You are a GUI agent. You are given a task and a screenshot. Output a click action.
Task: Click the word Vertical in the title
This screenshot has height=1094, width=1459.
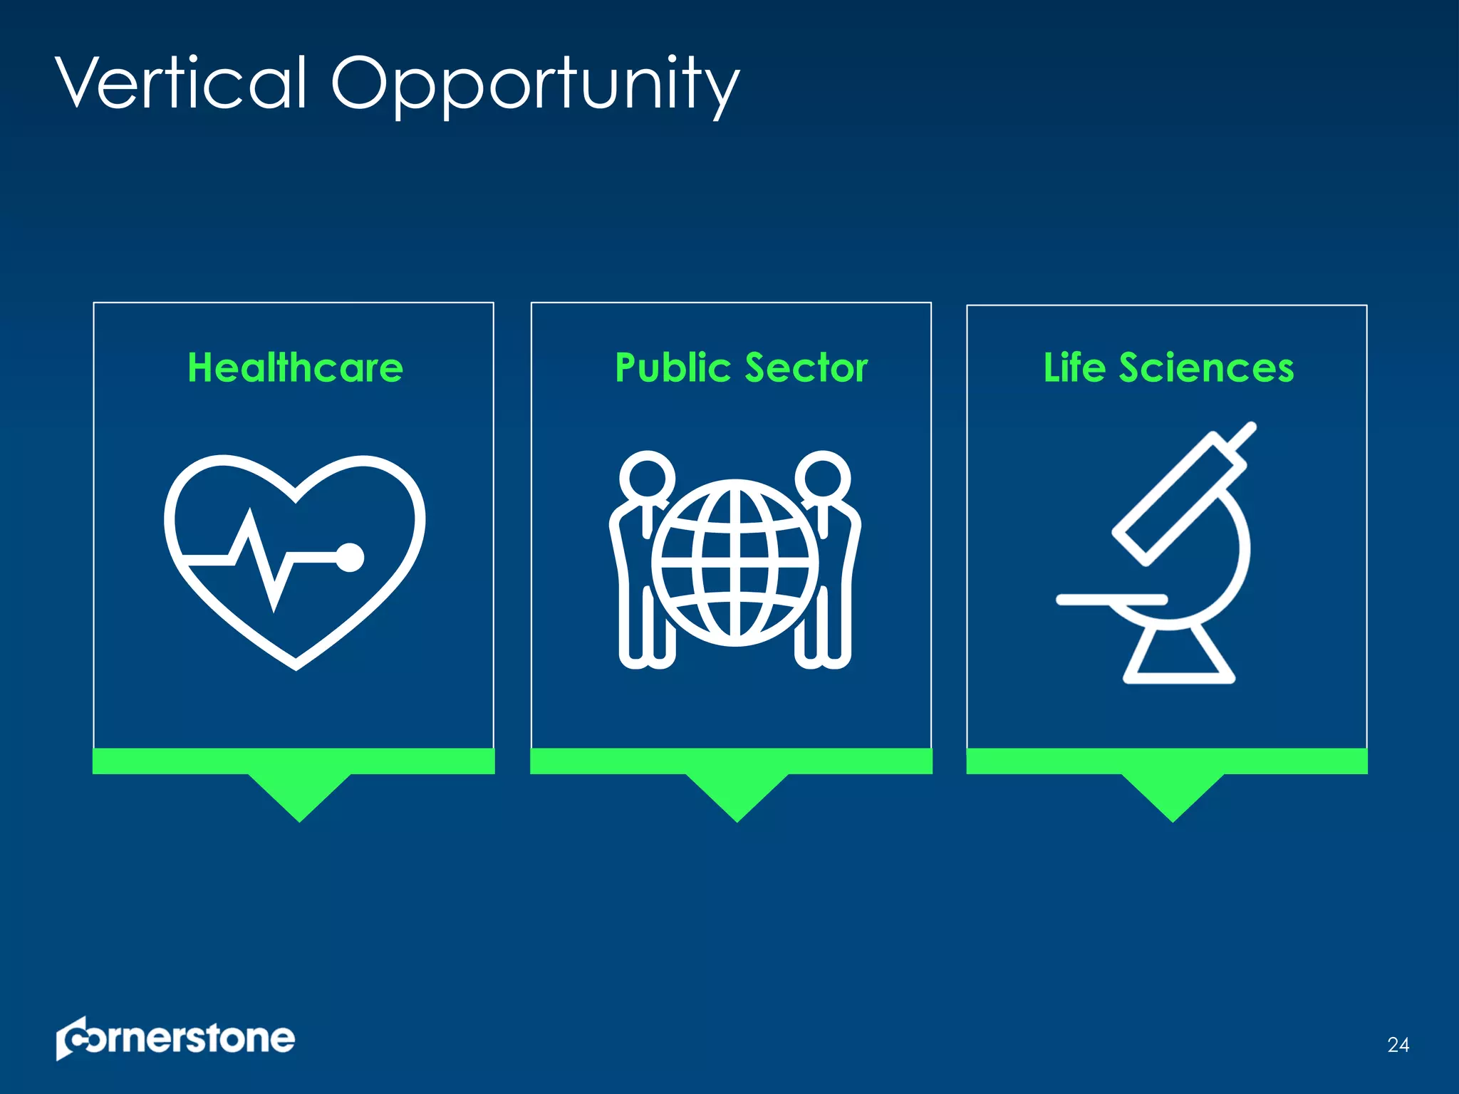click(182, 83)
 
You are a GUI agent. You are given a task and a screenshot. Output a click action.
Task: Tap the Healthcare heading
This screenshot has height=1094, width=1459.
click(295, 368)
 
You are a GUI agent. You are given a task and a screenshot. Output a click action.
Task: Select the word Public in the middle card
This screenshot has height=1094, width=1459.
click(673, 368)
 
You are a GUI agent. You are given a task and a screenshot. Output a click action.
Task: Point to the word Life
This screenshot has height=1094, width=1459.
click(1074, 368)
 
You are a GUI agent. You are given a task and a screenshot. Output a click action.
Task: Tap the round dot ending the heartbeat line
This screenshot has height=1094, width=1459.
click(350, 558)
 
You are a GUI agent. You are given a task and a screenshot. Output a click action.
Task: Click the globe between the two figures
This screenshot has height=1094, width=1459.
click(735, 563)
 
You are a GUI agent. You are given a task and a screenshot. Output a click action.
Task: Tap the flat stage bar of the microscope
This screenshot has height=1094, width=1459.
click(1111, 600)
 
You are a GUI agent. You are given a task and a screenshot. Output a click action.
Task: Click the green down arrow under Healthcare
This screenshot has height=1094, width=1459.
click(299, 794)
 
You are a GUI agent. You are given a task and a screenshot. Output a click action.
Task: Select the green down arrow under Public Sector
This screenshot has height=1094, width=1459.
click(737, 794)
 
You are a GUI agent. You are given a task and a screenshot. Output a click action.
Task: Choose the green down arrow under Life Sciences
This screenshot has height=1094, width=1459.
click(1173, 794)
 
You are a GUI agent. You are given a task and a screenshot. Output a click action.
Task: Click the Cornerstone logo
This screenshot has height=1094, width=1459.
click(175, 1038)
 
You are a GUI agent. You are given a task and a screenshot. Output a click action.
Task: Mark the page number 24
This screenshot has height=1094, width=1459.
click(1398, 1045)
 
